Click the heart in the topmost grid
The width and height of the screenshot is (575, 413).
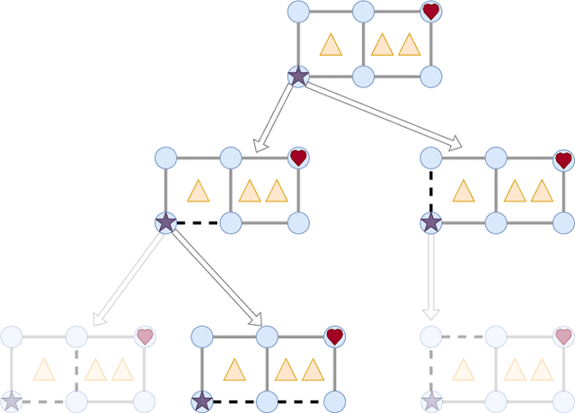[431, 12]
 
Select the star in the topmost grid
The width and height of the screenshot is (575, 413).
[298, 76]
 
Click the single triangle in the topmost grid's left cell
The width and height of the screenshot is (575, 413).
[331, 45]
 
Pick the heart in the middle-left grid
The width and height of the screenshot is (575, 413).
[299, 157]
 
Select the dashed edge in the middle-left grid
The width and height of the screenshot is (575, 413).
[199, 223]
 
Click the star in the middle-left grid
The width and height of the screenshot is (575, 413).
[166, 222]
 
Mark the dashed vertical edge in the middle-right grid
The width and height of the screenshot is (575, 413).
[431, 190]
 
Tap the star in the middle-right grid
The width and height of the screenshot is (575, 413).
[431, 222]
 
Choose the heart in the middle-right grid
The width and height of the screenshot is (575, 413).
[563, 159]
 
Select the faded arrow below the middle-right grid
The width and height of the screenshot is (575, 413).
[431, 275]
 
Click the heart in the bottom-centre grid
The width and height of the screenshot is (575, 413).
[334, 337]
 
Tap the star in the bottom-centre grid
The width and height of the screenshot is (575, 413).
[202, 401]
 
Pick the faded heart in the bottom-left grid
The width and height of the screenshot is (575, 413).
[145, 337]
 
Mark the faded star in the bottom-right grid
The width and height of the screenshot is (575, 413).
[432, 401]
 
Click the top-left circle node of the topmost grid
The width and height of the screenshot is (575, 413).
[298, 12]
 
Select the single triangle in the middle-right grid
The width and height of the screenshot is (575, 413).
[463, 191]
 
